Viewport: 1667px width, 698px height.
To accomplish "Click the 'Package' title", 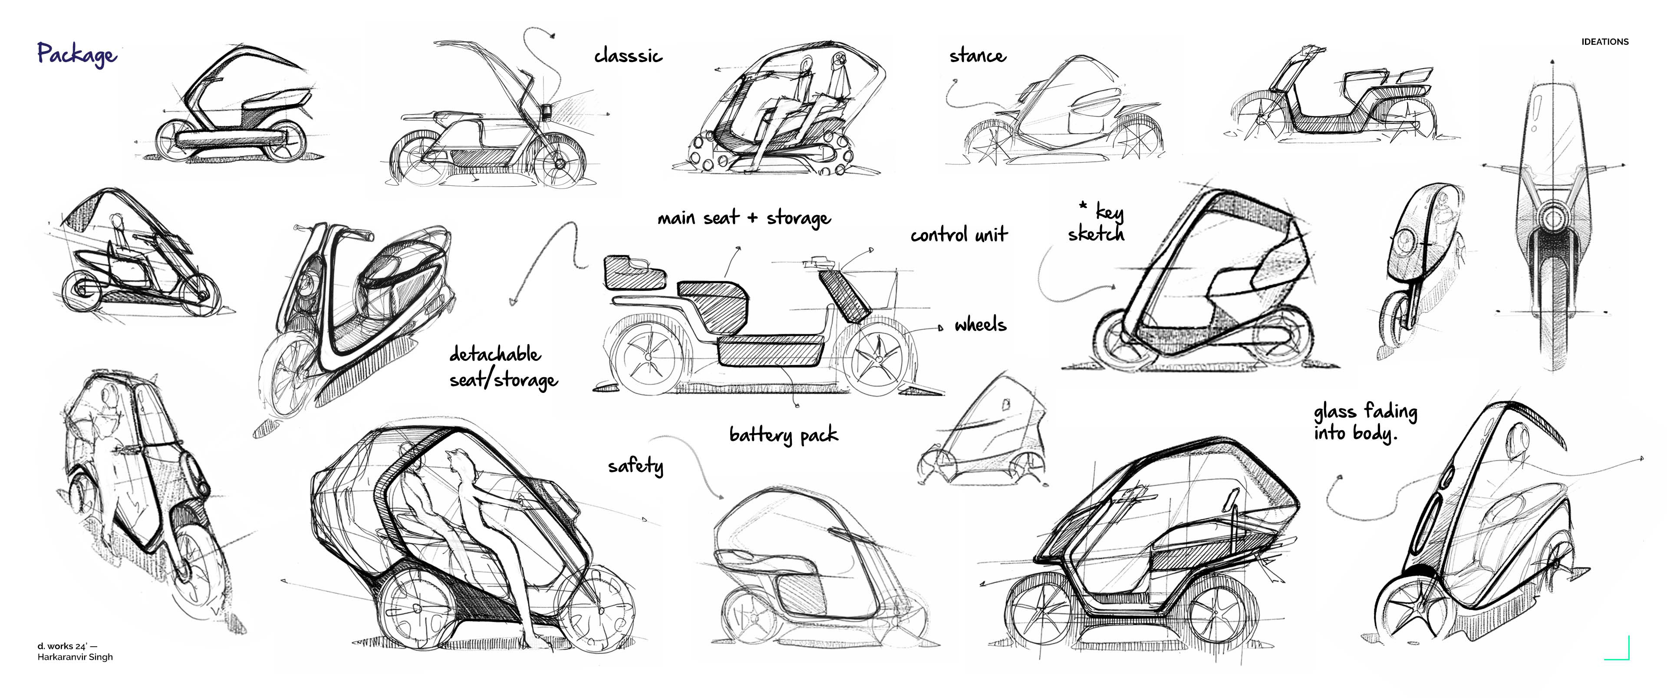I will (x=76, y=54).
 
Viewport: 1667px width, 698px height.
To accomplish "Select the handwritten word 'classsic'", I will (x=628, y=56).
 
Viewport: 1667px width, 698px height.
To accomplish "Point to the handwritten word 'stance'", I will (x=977, y=56).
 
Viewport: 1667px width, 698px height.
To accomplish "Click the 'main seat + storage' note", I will (x=744, y=218).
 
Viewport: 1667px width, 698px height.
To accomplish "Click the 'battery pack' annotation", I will (x=783, y=435).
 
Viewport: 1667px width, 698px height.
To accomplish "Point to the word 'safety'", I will (x=636, y=466).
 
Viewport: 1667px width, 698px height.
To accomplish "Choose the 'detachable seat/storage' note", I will (x=503, y=367).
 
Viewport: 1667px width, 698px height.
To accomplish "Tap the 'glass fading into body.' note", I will (x=1365, y=422).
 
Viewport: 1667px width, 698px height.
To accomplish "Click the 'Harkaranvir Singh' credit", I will (x=75, y=657).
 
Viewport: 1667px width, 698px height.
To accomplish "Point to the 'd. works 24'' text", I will (x=67, y=645).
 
